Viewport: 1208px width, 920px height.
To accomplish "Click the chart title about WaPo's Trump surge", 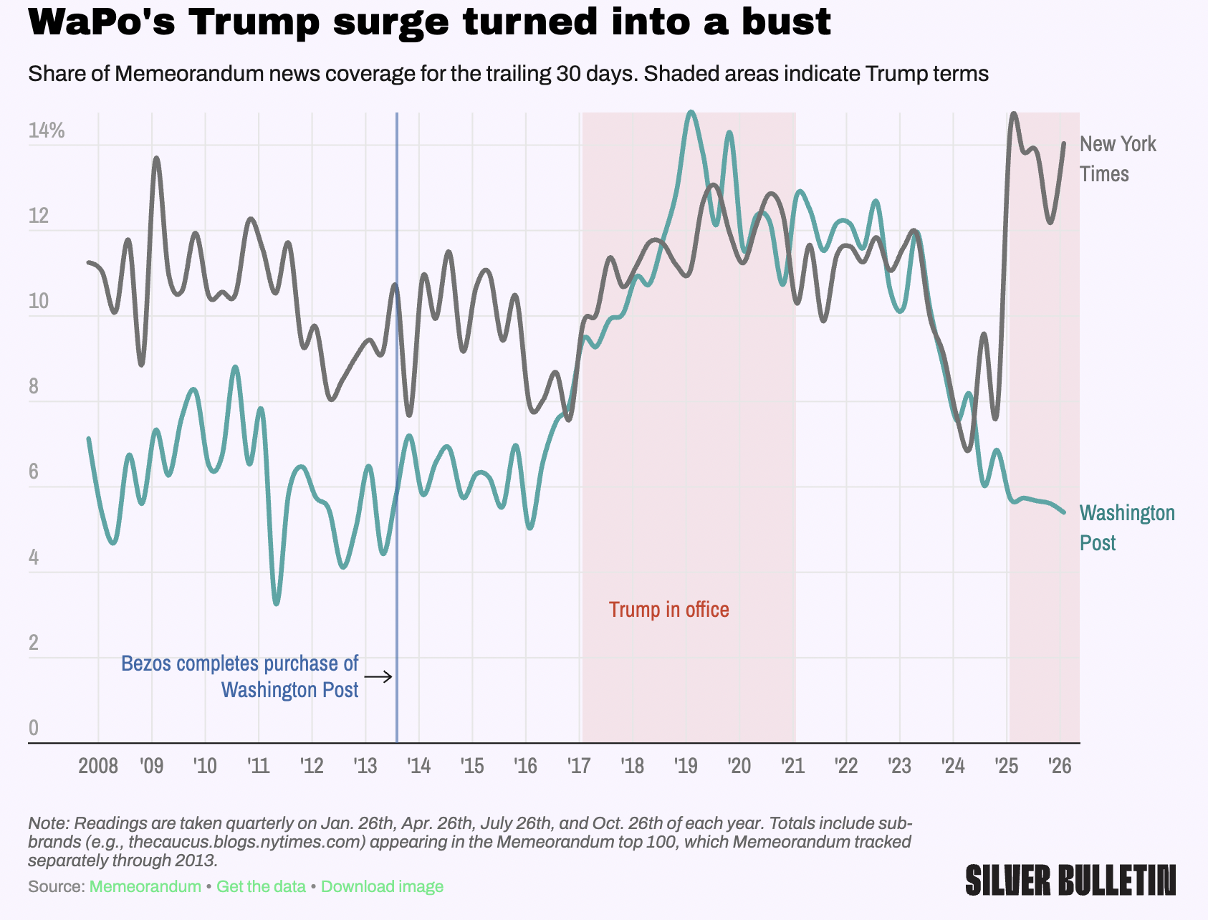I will [429, 22].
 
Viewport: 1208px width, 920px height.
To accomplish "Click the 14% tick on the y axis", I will [47, 130].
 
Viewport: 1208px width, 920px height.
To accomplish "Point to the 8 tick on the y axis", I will [34, 387].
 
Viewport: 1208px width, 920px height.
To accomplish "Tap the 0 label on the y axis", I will [34, 728].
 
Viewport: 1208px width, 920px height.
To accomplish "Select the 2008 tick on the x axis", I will [98, 766].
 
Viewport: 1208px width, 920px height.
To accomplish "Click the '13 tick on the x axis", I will [365, 766].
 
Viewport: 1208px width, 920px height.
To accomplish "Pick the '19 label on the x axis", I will [686, 766].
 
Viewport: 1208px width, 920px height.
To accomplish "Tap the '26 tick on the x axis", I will [1060, 766].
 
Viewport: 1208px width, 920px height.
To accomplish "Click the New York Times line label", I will [1117, 159].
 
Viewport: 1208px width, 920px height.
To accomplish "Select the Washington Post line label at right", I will [1126, 527].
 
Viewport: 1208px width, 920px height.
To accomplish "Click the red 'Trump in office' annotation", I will [668, 610].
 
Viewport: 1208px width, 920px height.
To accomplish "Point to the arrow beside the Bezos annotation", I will [378, 676].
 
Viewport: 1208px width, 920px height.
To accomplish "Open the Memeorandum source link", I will [145, 886].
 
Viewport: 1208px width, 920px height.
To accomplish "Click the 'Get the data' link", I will [261, 886].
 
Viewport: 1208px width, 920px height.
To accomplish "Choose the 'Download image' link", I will [382, 886].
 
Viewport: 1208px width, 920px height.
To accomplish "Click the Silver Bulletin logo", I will [1070, 880].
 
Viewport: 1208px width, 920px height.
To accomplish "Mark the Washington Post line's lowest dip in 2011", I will [277, 603].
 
